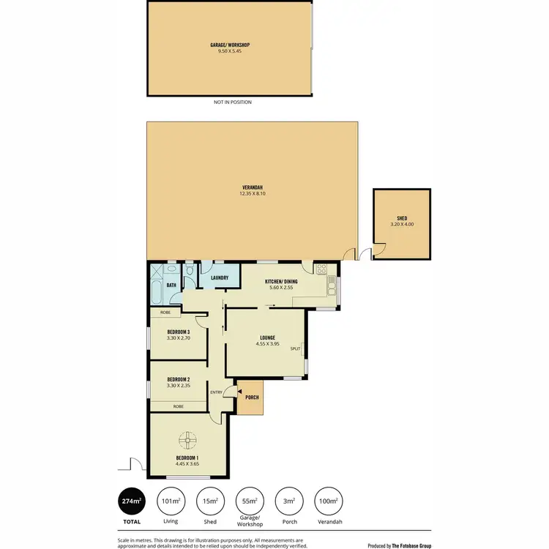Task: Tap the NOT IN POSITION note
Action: click(x=233, y=102)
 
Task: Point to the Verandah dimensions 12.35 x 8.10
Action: click(x=251, y=194)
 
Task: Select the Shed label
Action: click(x=402, y=218)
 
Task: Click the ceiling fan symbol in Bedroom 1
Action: click(x=189, y=441)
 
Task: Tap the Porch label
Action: click(x=252, y=397)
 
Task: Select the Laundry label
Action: click(x=220, y=278)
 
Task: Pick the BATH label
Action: click(x=171, y=285)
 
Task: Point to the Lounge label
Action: click(x=266, y=337)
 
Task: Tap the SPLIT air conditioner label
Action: click(x=296, y=349)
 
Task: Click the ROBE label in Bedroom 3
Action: click(x=165, y=312)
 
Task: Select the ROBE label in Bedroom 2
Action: click(x=178, y=406)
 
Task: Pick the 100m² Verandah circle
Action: click(x=327, y=501)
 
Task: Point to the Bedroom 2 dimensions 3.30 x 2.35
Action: click(x=178, y=386)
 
